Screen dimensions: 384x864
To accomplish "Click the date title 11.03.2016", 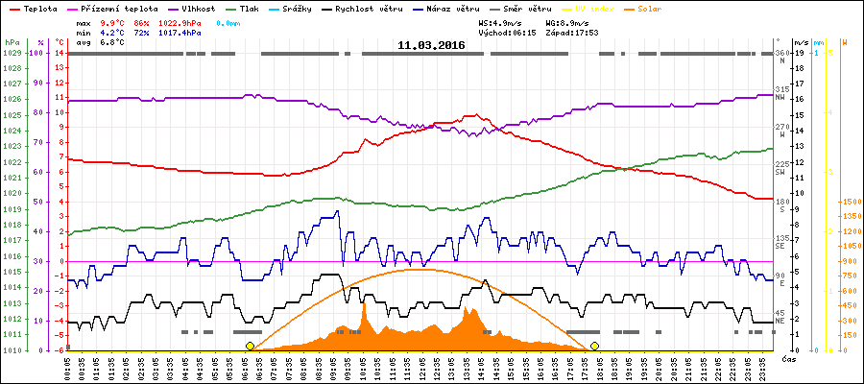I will click(431, 45).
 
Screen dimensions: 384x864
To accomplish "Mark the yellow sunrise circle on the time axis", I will click(250, 346).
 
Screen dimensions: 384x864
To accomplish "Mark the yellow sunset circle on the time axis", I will click(594, 346).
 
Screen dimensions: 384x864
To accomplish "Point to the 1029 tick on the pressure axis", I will click(11, 53).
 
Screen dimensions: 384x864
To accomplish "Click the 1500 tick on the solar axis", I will click(850, 202).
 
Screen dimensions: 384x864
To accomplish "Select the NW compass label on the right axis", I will click(780, 97).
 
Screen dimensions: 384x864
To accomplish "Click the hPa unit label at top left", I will click(11, 42).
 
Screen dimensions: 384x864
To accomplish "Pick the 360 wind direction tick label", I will click(781, 53).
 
